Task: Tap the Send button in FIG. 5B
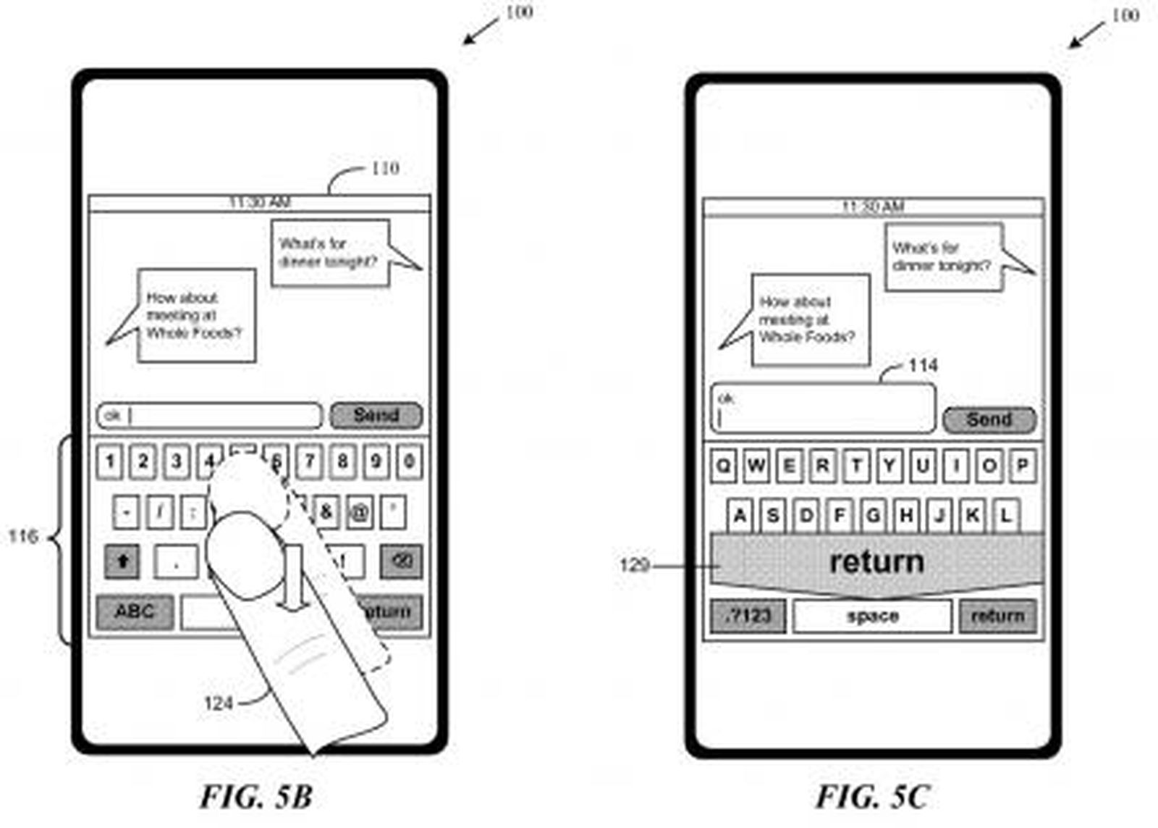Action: coord(376,415)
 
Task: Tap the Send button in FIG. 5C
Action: coord(989,419)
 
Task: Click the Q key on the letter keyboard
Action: coord(722,465)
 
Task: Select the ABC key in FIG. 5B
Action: coord(135,611)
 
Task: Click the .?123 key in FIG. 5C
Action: coord(748,616)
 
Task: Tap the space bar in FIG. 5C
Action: coord(872,616)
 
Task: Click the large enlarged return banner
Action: coord(876,562)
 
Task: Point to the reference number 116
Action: coord(22,537)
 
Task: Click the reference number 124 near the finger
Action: coord(218,703)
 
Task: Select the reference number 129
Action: coord(634,565)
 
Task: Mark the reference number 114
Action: coord(923,365)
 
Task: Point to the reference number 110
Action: coord(384,169)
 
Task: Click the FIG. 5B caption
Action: coord(256,797)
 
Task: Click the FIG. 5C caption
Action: coord(872,797)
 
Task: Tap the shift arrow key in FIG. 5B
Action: coord(122,561)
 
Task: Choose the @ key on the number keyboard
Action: coord(360,512)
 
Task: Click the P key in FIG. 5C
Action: coord(1022,465)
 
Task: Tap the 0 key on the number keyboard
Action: coord(409,461)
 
